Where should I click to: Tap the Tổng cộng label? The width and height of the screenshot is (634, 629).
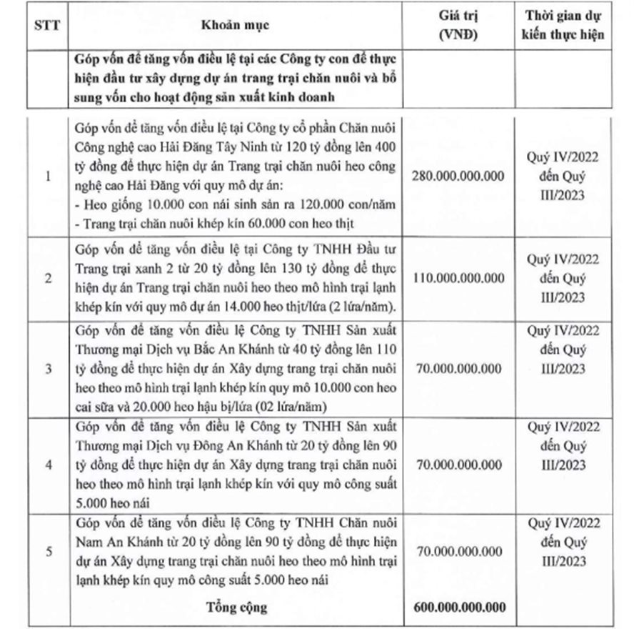tap(239, 608)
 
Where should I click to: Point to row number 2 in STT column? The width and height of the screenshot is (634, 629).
tap(48, 278)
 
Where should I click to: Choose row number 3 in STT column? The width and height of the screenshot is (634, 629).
tap(48, 369)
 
